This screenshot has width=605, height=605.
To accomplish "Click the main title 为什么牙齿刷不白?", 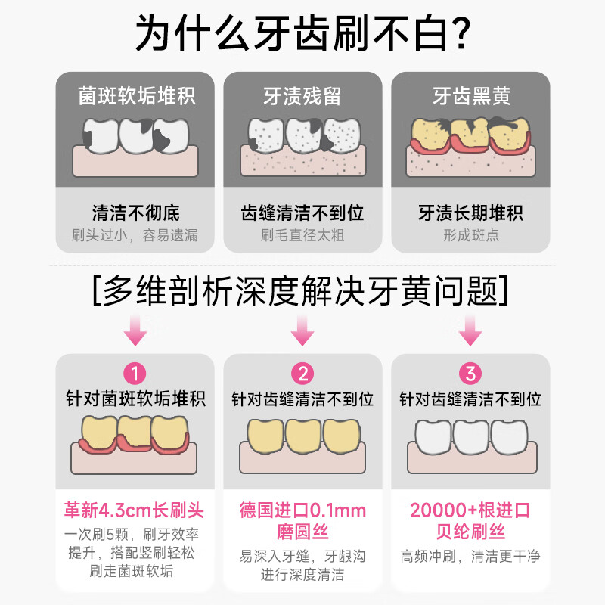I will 302,33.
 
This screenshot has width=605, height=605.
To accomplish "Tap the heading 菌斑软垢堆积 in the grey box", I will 136,96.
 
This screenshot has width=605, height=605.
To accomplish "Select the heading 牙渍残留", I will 302,96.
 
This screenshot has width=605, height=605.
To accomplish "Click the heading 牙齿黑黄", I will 471,96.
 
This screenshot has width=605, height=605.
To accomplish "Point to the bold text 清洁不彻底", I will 136,213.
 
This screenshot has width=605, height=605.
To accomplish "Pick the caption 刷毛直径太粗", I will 302,235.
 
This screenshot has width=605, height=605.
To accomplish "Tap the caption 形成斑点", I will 471,235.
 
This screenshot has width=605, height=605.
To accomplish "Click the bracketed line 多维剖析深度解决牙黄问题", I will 302,289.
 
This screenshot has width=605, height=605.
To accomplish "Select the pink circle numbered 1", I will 135,374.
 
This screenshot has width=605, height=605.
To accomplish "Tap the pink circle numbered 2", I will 302,374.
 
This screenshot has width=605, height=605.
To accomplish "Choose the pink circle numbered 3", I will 471,374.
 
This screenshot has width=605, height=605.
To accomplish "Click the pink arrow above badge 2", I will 302,330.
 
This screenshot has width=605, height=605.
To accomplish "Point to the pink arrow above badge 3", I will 471,330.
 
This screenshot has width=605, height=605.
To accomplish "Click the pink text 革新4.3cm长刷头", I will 136,510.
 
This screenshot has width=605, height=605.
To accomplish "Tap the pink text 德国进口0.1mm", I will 302,510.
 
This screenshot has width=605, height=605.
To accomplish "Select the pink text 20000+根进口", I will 471,510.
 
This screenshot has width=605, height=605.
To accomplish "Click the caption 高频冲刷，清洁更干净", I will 471,557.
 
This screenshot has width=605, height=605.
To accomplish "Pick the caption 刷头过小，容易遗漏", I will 136,235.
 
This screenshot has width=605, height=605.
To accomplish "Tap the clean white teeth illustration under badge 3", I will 471,436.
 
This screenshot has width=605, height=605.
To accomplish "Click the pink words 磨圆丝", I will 302,532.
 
